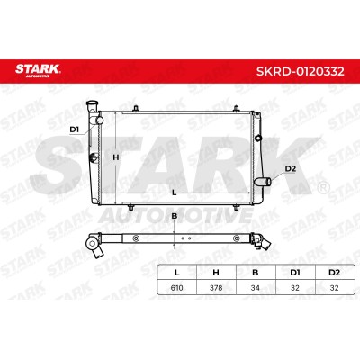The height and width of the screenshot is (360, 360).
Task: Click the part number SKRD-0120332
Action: point(300,71)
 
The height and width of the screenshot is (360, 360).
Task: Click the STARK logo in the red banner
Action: point(38,70)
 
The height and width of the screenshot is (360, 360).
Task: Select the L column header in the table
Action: point(177,273)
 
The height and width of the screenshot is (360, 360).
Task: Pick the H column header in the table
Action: point(216,273)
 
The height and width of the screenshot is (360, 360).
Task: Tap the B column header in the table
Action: point(256,273)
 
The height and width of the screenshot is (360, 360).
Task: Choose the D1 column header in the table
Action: point(295,273)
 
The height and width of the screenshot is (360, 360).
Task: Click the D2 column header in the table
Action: point(334,273)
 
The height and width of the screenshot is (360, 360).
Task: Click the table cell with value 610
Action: point(176,288)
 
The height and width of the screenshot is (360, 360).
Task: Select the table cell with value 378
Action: point(216,288)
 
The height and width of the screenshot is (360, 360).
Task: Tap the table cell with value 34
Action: point(256,288)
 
